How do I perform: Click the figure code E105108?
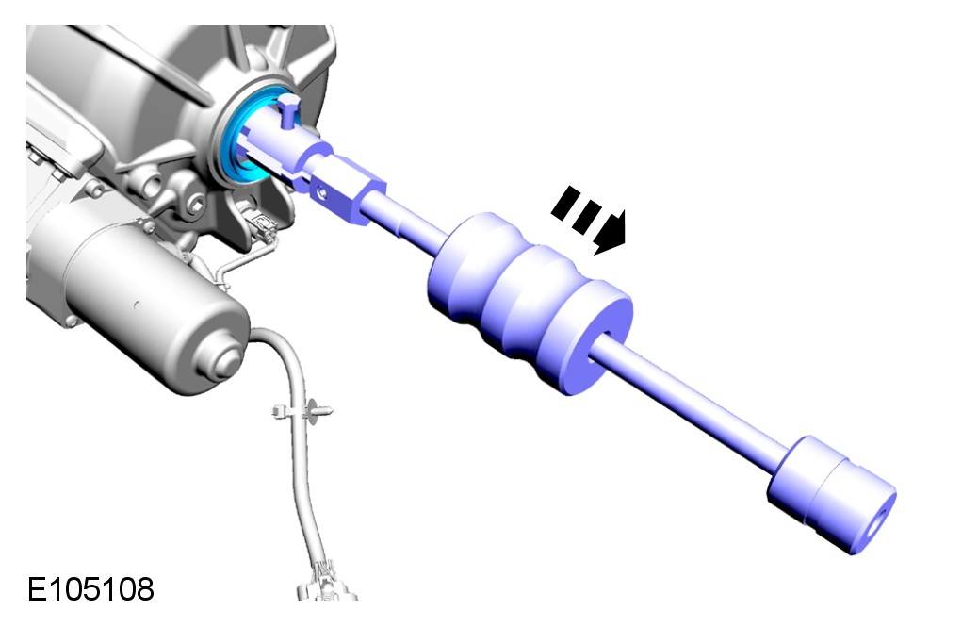tap(90, 589)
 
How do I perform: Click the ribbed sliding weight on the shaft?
tap(529, 302)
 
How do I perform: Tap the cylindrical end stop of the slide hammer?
tap(832, 495)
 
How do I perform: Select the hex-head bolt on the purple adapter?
tap(288, 109)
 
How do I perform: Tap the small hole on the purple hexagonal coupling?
tap(321, 193)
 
